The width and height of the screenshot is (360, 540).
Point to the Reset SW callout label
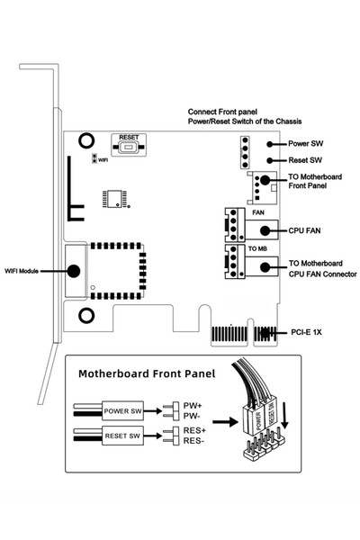[306, 159]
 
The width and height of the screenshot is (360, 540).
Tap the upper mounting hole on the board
[85, 139]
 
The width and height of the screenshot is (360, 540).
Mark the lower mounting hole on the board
[85, 316]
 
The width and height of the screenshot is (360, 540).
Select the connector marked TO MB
[232, 261]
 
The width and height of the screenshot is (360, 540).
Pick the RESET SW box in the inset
[121, 437]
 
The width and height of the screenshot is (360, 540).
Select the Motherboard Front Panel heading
[147, 373]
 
